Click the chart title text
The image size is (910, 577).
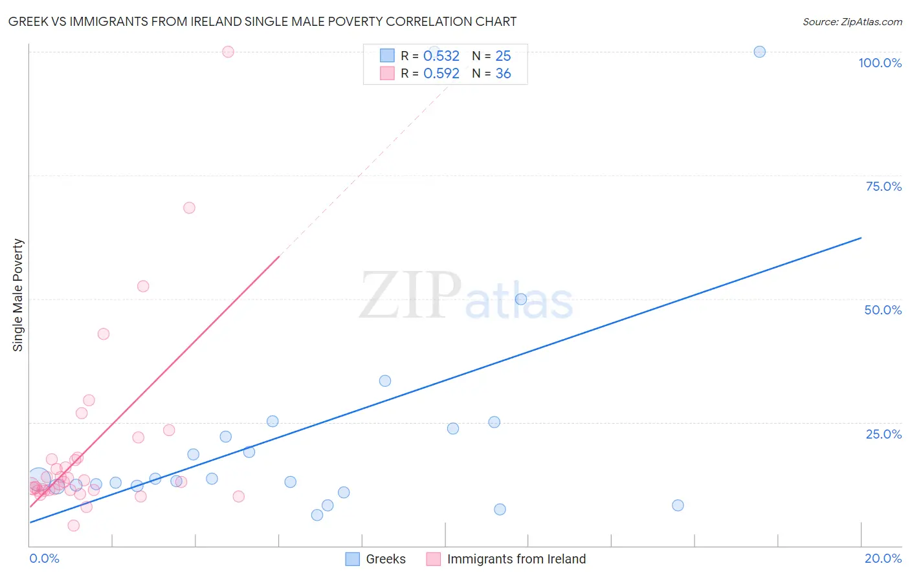[262, 22]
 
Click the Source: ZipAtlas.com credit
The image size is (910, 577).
[852, 22]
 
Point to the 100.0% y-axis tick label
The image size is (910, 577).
[880, 63]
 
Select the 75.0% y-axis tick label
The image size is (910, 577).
[883, 186]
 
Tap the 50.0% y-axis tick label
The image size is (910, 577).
[883, 310]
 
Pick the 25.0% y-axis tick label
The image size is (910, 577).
[883, 434]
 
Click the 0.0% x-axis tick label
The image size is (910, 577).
[44, 558]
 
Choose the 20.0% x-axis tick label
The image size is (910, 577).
[883, 558]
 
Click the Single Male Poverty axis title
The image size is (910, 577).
[18, 295]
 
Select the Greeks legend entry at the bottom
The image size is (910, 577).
[375, 559]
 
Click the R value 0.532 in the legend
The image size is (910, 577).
[441, 56]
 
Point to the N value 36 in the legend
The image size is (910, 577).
[503, 74]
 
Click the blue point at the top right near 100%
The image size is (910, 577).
[760, 52]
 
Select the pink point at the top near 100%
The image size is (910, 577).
[228, 52]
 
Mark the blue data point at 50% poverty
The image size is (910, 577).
[521, 299]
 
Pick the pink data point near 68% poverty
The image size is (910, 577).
[189, 208]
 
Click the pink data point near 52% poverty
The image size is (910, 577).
[143, 286]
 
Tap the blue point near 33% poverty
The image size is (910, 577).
[385, 381]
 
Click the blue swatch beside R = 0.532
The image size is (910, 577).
[387, 56]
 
